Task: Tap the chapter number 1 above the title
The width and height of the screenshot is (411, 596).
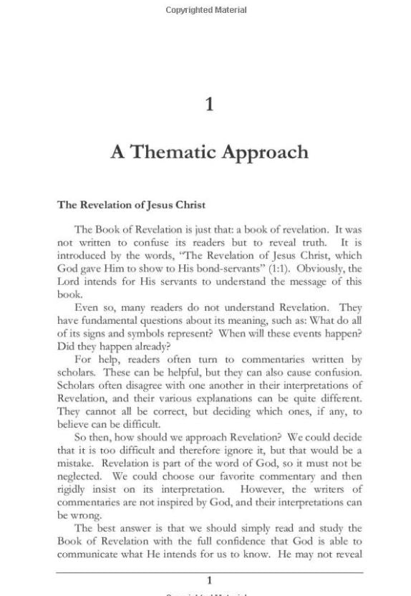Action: click(209, 105)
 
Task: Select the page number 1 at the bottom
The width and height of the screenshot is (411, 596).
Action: click(209, 580)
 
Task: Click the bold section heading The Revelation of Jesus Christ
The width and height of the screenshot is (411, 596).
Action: click(131, 205)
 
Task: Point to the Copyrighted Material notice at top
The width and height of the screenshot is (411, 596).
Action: click(206, 10)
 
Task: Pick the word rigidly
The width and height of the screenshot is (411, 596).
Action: click(74, 489)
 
